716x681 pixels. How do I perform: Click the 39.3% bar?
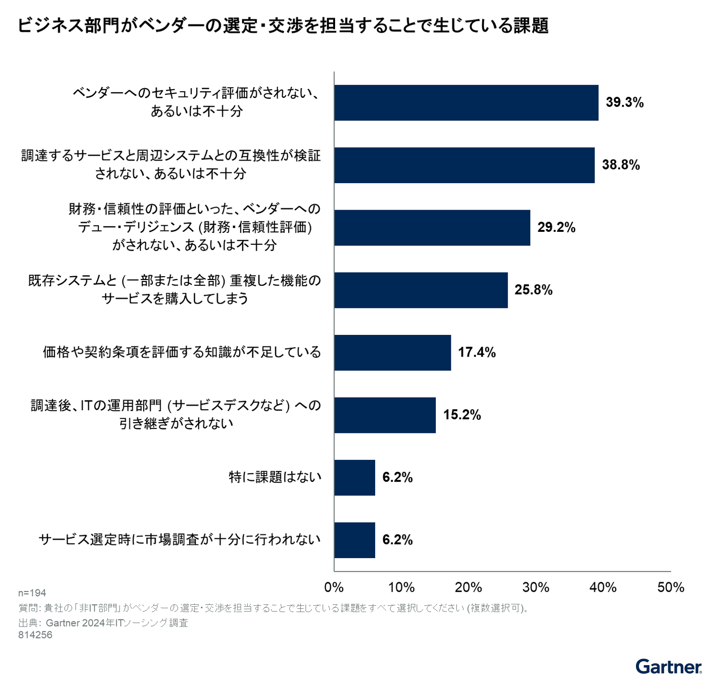(466, 103)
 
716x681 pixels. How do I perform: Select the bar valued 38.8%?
(464, 165)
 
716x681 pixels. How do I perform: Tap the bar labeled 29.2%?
(432, 227)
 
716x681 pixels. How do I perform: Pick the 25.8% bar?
(420, 290)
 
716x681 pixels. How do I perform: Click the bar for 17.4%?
(392, 352)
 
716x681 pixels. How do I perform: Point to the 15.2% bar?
(385, 415)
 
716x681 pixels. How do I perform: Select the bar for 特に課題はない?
(354, 477)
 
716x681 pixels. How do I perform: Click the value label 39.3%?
(624, 103)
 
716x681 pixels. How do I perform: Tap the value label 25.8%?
(533, 290)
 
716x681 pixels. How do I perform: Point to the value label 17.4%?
(476, 352)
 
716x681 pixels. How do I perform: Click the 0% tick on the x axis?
(334, 587)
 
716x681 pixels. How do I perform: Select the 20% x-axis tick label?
(468, 587)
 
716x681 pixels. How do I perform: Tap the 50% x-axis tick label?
(671, 587)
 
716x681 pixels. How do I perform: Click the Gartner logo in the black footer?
(668, 667)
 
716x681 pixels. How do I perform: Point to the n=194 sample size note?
(32, 593)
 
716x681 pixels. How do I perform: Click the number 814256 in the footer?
(35, 635)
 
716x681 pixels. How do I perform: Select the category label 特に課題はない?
(274, 477)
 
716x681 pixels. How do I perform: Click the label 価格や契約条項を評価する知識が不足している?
(182, 352)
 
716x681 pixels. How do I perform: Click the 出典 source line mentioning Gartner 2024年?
(103, 623)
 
